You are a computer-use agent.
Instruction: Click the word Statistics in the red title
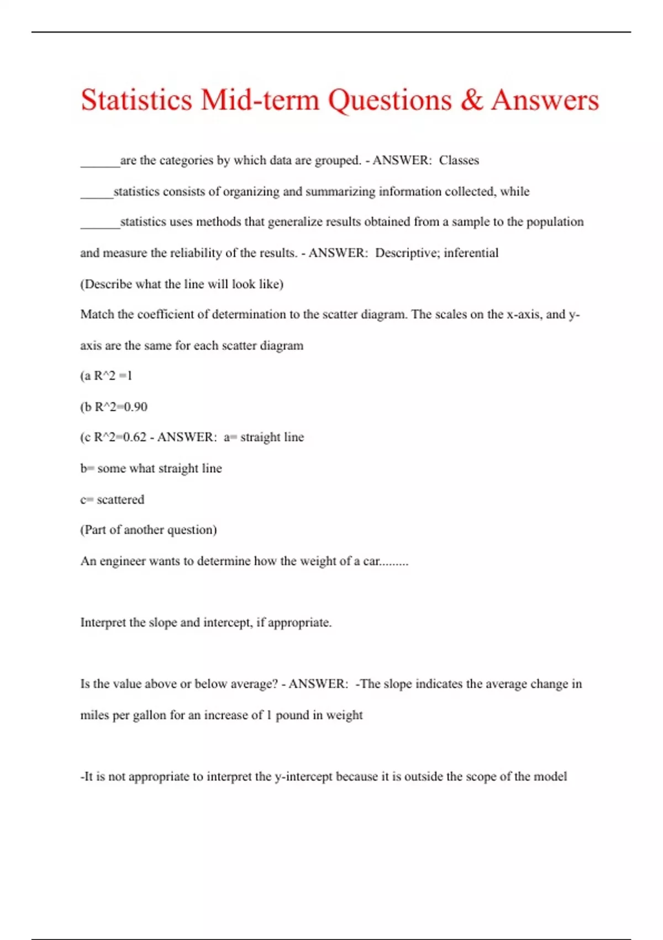pos(136,100)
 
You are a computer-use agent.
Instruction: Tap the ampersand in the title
pos(471,100)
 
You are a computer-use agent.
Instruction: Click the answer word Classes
pos(459,160)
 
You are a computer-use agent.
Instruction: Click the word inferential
pos(471,253)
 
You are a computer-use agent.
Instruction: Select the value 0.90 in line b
pos(135,407)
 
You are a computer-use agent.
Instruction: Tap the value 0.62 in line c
pos(134,437)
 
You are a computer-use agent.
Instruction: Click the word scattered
pos(120,499)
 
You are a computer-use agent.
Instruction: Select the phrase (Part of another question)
pos(149,530)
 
